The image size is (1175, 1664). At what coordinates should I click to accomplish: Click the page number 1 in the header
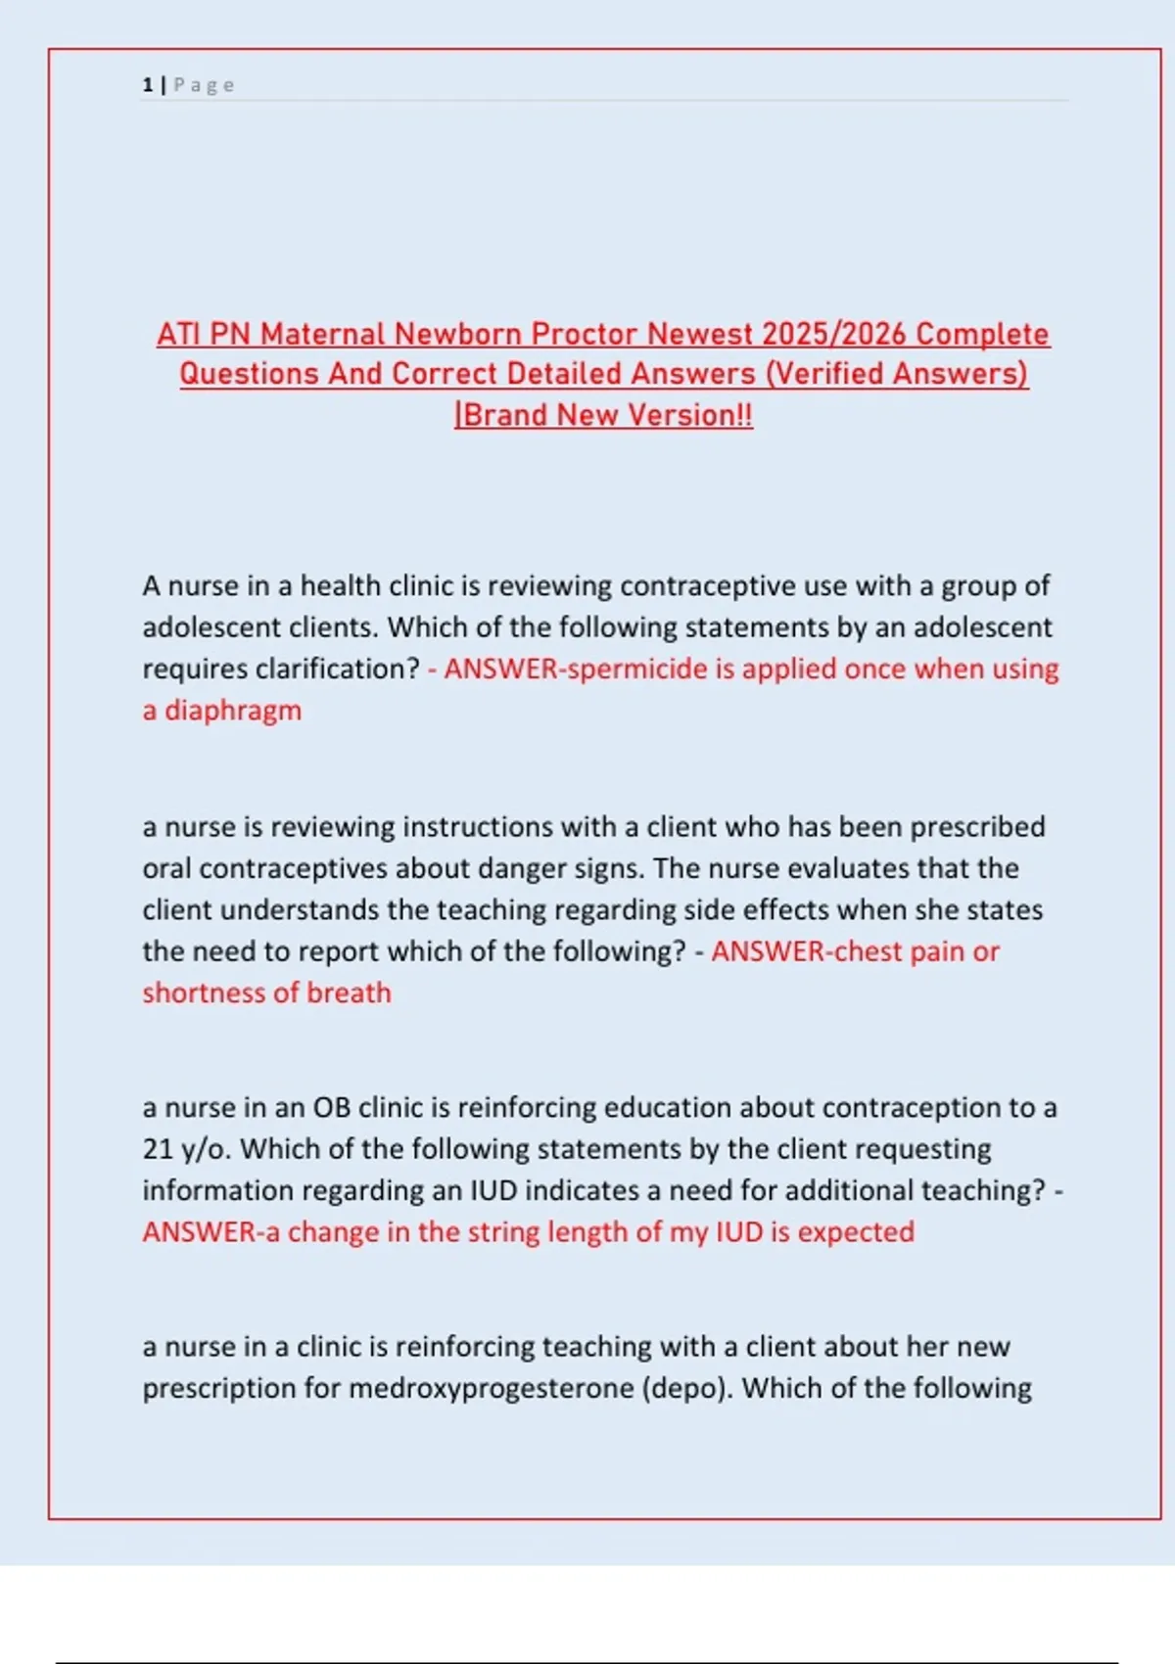(x=148, y=85)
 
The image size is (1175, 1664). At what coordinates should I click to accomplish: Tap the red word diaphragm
(x=233, y=711)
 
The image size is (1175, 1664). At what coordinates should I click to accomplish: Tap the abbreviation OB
(x=331, y=1107)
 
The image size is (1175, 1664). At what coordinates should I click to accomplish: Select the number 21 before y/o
(x=158, y=1148)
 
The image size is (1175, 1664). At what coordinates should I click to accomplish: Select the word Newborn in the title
(x=458, y=334)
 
